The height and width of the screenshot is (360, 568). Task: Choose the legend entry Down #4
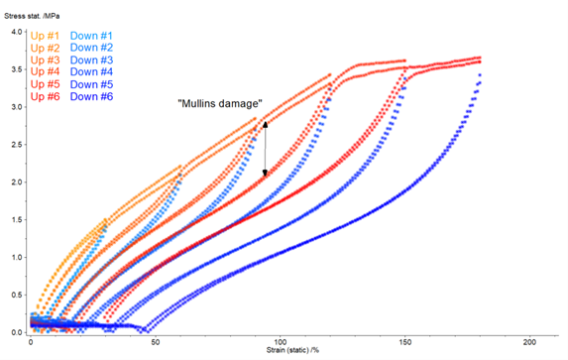pos(91,71)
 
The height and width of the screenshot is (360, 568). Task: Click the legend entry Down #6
pos(91,96)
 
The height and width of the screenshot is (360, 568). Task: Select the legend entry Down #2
pos(91,48)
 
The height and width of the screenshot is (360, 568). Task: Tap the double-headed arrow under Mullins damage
pos(265,148)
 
